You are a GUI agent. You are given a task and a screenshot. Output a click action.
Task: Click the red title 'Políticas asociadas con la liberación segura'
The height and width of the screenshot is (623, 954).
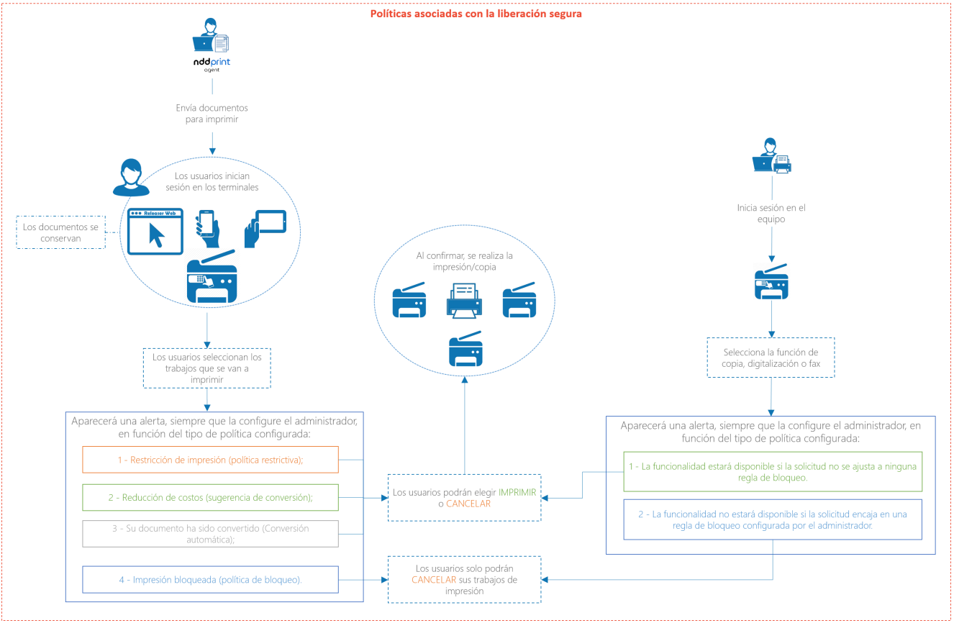tap(476, 13)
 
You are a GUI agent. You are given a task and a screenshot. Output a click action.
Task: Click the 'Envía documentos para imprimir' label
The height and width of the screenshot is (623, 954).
tap(212, 114)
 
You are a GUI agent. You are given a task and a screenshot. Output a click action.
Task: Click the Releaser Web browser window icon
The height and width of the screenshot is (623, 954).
tap(156, 231)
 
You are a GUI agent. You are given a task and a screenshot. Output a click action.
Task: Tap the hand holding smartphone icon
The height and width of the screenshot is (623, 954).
tap(207, 228)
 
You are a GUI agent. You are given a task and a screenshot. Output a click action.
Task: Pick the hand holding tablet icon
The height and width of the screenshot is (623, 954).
tap(264, 229)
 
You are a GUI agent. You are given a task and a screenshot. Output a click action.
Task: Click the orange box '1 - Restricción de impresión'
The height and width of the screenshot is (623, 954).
tap(210, 460)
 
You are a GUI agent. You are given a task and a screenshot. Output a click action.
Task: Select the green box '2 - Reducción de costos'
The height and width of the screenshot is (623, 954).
tap(210, 497)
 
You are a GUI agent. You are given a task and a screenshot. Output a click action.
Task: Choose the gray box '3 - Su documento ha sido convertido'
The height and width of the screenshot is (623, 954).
tap(210, 534)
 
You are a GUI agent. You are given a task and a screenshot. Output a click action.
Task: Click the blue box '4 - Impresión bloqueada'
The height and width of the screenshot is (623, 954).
tap(210, 579)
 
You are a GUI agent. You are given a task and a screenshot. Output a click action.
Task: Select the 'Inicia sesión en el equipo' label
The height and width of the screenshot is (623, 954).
tap(771, 214)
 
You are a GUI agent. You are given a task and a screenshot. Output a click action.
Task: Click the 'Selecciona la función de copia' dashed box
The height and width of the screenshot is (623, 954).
tap(771, 358)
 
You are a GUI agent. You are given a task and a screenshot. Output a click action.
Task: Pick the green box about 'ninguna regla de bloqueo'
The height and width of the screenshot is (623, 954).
tap(772, 471)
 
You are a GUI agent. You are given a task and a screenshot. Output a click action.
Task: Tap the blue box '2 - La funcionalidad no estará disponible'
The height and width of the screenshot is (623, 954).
tap(772, 519)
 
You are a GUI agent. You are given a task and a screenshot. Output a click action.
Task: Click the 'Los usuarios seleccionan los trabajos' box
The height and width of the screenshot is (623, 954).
tap(207, 368)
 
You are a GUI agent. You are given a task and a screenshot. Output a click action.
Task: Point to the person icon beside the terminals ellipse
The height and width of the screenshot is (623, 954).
tap(131, 178)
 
